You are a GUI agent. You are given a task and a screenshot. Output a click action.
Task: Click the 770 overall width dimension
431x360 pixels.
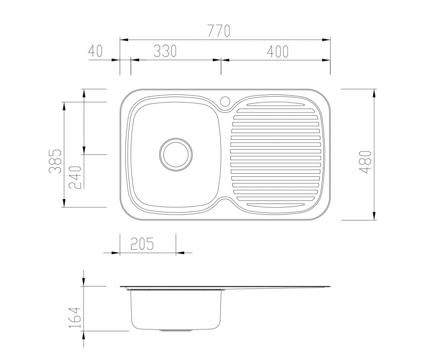[219, 31]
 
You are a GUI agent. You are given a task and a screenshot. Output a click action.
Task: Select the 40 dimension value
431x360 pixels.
[95, 51]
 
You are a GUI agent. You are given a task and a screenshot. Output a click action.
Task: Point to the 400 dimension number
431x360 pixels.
[278, 52]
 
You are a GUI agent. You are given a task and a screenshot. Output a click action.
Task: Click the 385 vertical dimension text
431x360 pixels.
[55, 161]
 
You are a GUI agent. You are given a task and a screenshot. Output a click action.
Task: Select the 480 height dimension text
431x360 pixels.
[365, 162]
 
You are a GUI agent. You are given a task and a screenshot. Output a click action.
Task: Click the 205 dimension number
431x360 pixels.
[142, 244]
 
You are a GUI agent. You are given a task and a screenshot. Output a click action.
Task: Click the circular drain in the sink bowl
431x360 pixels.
[176, 154]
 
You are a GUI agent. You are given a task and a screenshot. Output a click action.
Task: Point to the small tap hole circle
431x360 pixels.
[225, 101]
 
